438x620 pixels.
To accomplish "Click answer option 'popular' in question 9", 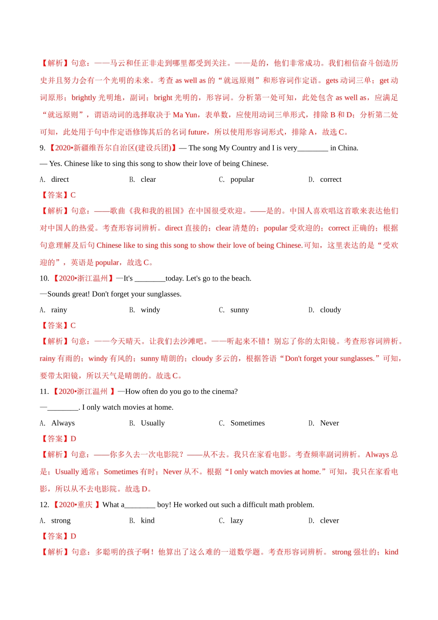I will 242,179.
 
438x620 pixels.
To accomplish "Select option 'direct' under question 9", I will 60,179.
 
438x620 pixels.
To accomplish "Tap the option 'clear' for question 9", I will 148,179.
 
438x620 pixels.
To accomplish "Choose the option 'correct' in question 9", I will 331,179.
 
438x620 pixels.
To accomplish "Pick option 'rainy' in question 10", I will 59,310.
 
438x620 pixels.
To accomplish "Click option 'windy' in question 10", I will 150,310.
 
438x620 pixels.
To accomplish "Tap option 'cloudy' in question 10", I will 330,310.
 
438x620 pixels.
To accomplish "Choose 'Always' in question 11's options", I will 63,423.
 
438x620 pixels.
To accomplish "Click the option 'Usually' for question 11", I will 153,423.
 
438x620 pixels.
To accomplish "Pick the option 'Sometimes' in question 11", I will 248,423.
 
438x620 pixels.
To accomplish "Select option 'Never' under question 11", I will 329,423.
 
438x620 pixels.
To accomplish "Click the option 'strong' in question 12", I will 61,520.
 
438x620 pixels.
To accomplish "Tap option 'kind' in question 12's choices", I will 148,520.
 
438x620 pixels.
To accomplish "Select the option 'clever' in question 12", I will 329,520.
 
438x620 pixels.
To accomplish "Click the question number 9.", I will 42,148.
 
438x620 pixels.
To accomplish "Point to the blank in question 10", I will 150,279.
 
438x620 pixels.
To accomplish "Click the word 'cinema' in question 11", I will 224,392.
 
